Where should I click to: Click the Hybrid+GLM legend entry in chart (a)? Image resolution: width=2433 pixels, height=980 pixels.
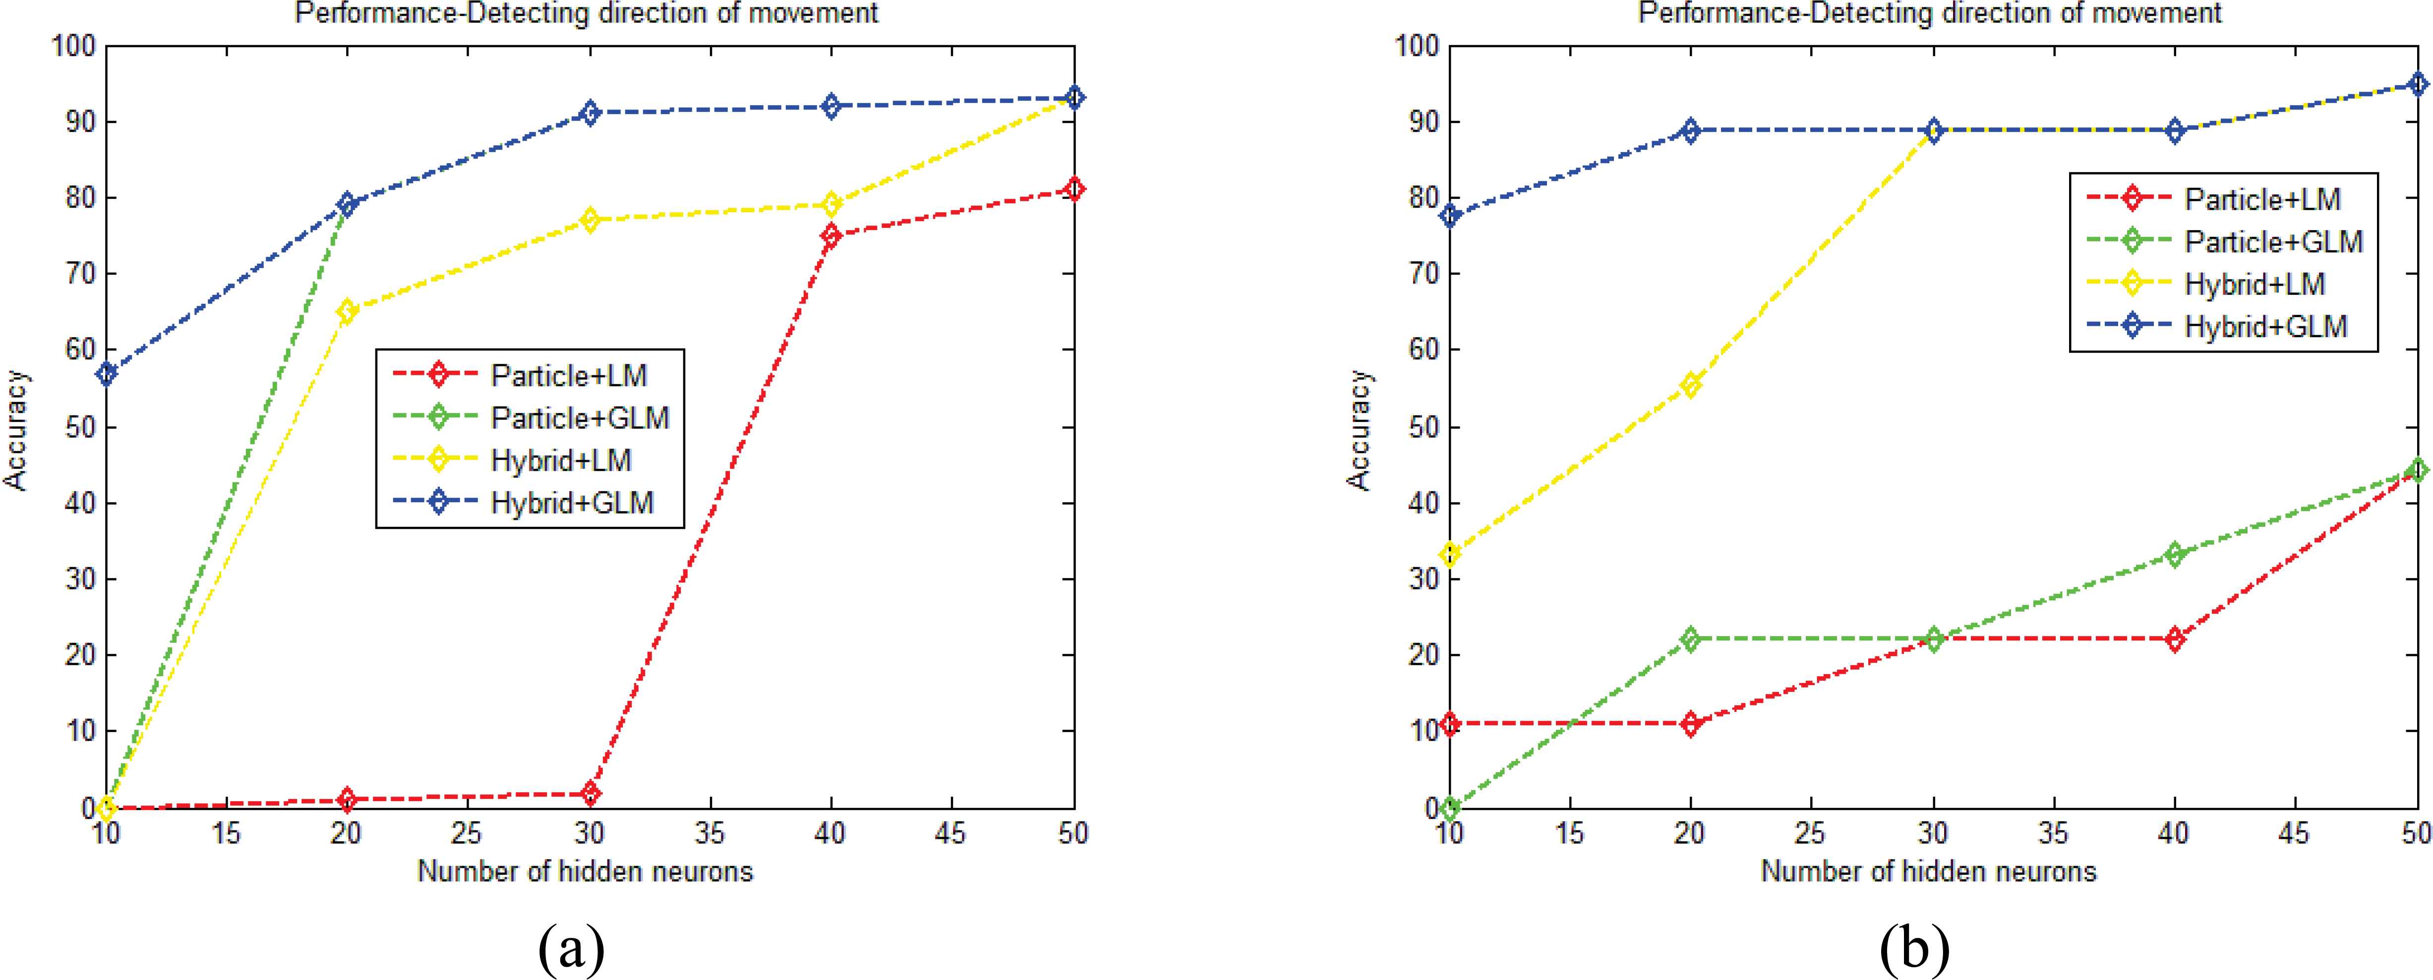pyautogui.click(x=571, y=502)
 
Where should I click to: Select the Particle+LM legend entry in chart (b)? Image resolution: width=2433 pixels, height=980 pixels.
pyautogui.click(x=2262, y=198)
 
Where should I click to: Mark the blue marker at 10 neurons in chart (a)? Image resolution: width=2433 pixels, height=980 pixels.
pyautogui.click(x=107, y=374)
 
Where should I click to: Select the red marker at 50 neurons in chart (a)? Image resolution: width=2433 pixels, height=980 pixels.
pyautogui.click(x=1073, y=190)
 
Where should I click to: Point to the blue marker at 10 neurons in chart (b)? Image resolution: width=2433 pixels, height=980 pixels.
pyautogui.click(x=1451, y=216)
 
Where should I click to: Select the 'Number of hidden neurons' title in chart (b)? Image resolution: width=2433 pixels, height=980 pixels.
pyautogui.click(x=1929, y=870)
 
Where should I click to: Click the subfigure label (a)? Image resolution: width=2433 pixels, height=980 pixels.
pyautogui.click(x=571, y=949)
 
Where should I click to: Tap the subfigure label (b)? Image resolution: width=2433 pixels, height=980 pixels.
pyautogui.click(x=1914, y=949)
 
